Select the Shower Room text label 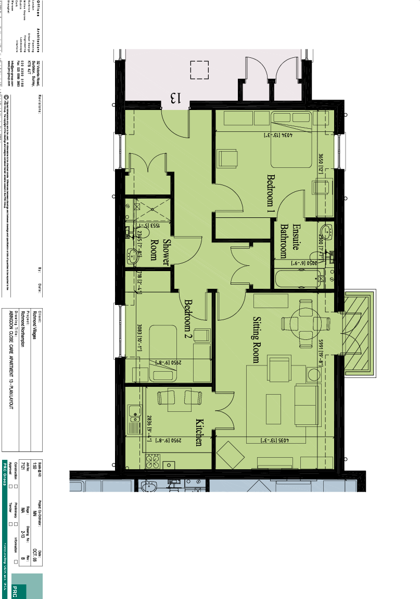(161, 252)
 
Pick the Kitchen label (198, 432)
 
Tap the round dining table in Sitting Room (306, 323)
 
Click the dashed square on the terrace (199, 70)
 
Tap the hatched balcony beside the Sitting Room (359, 334)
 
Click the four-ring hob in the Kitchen (154, 461)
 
